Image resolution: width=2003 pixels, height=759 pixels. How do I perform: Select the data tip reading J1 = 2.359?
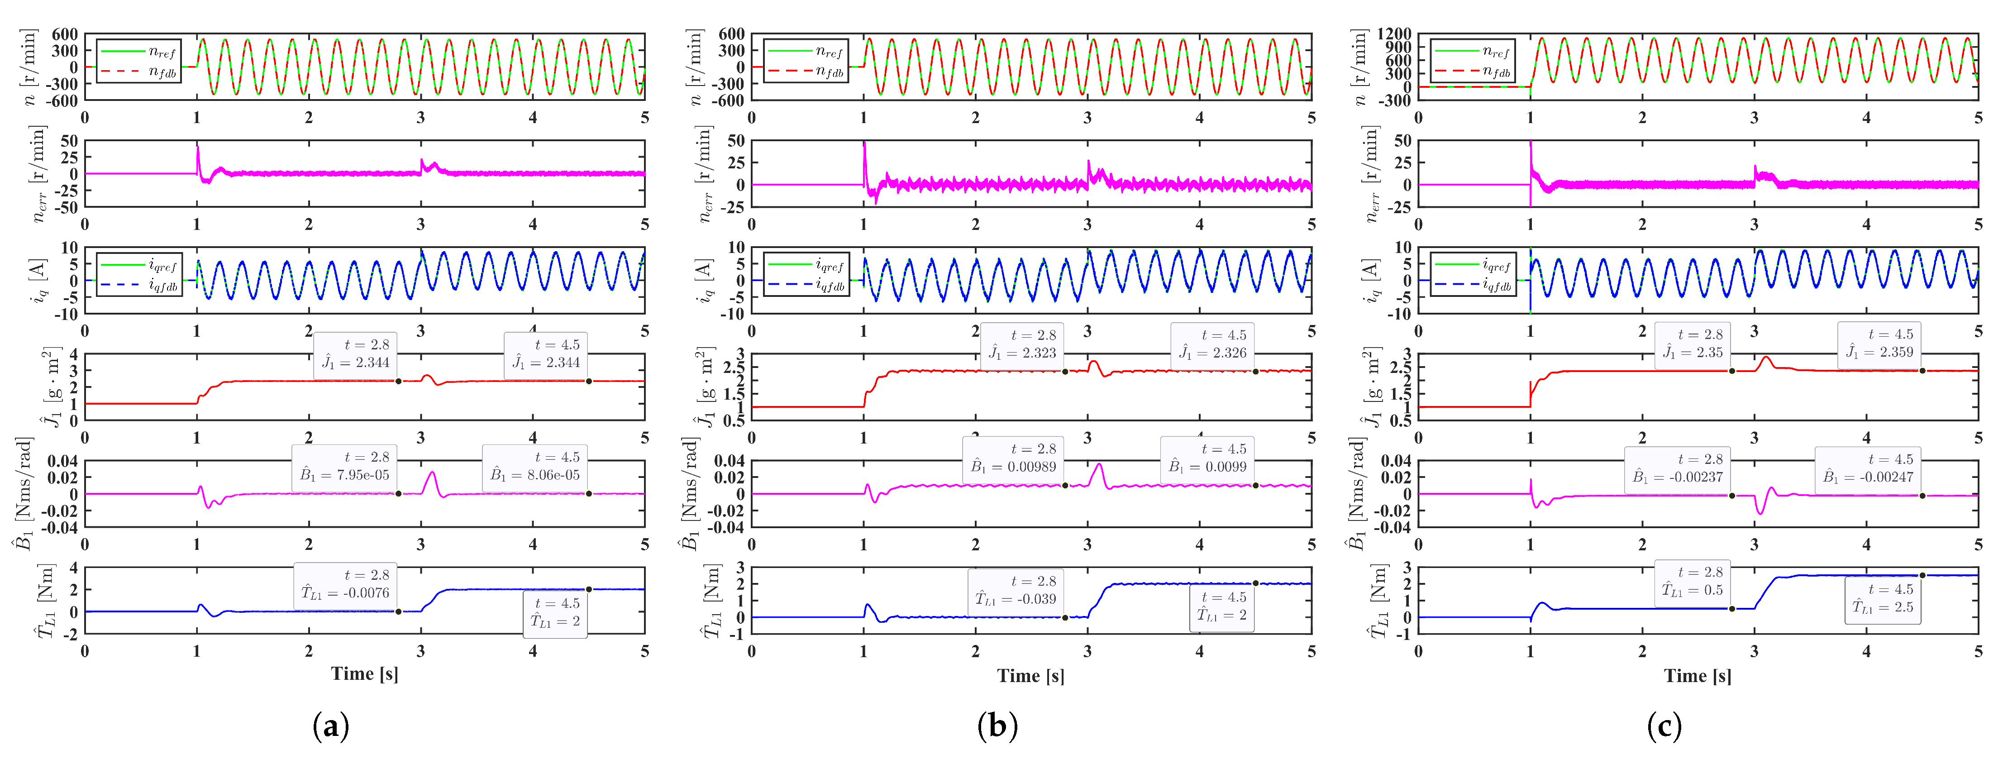click(x=1879, y=344)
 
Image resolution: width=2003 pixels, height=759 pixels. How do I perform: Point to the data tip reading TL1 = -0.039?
click(x=1016, y=590)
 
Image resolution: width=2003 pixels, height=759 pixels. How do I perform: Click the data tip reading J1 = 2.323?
click(x=1022, y=344)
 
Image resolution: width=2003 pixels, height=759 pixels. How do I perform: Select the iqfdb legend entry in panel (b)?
click(x=806, y=286)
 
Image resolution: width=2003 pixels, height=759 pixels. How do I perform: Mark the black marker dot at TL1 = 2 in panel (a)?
click(x=589, y=589)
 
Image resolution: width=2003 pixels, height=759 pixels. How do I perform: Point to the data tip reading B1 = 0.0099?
click(x=1207, y=458)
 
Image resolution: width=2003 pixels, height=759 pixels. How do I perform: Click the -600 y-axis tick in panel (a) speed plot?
click(x=65, y=100)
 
